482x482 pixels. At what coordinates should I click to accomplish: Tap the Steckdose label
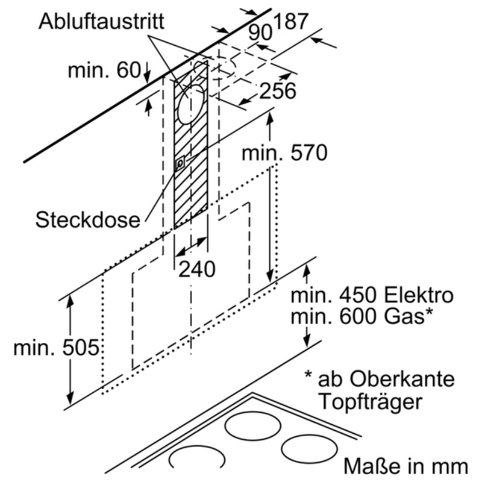[87, 219]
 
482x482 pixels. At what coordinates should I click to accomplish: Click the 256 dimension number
[278, 91]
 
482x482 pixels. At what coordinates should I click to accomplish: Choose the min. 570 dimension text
[284, 153]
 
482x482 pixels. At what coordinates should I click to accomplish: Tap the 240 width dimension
[196, 269]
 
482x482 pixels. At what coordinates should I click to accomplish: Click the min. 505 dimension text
[56, 348]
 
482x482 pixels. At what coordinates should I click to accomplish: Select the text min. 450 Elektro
[372, 296]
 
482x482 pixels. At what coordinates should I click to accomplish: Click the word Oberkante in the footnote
[402, 380]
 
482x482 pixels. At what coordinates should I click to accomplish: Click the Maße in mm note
[405, 466]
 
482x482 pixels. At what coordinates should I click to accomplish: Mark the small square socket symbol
[180, 163]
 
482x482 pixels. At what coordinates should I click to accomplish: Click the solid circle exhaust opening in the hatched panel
[192, 102]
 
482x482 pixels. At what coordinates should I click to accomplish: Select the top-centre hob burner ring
[253, 426]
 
